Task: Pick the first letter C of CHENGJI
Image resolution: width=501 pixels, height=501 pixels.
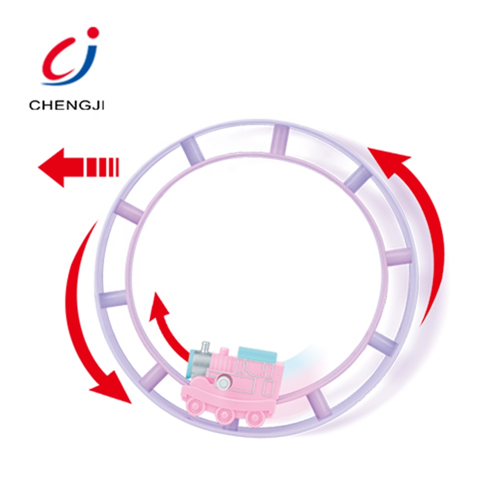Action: click(x=34, y=105)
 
